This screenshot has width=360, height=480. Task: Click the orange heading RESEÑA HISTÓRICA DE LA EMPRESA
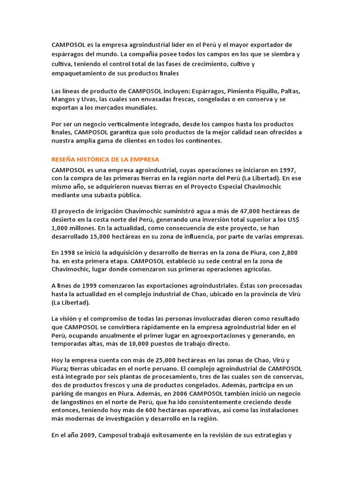[106, 159]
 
